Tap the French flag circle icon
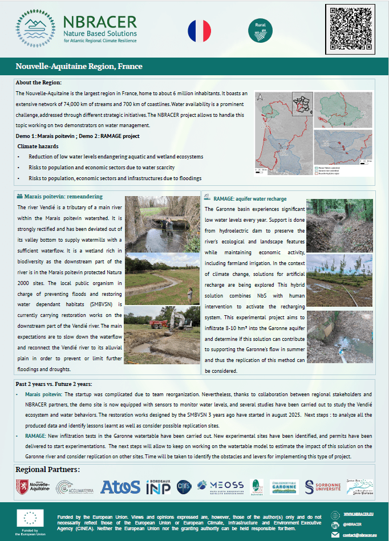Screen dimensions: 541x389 200,30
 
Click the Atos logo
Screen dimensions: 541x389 120,486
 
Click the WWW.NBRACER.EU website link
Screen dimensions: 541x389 358,514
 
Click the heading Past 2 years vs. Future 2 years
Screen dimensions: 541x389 54,383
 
